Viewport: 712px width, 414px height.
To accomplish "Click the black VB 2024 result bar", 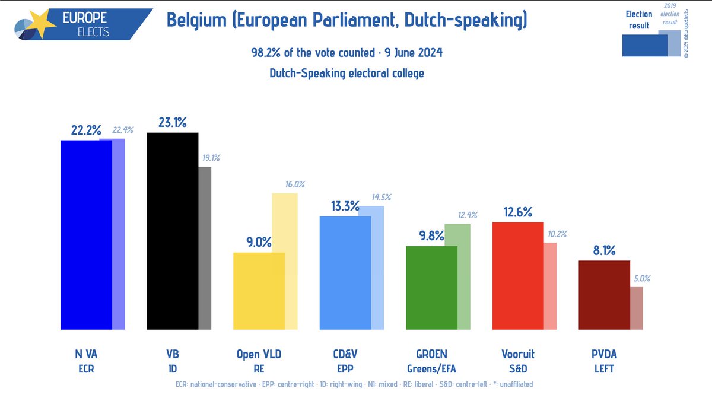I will tap(172, 231).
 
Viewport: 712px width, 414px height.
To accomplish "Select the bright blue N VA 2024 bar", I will tap(86, 235).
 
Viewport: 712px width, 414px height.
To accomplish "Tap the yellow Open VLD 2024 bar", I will tap(259, 291).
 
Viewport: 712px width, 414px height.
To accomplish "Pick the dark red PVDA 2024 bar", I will tap(604, 295).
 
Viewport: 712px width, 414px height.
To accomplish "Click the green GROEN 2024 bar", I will tap(431, 288).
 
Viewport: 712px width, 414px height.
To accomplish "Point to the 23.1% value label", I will tap(172, 123).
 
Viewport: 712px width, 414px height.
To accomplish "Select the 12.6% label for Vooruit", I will tap(518, 212).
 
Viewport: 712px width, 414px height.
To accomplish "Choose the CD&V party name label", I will tap(345, 354).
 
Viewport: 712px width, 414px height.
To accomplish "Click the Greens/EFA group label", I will tap(431, 368).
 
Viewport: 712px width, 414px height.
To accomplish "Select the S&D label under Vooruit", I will tap(517, 368).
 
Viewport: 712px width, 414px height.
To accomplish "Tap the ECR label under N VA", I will tap(86, 368).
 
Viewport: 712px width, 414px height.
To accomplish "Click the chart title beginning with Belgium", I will tap(347, 21).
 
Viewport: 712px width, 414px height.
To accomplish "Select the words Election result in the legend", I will tap(639, 20).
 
